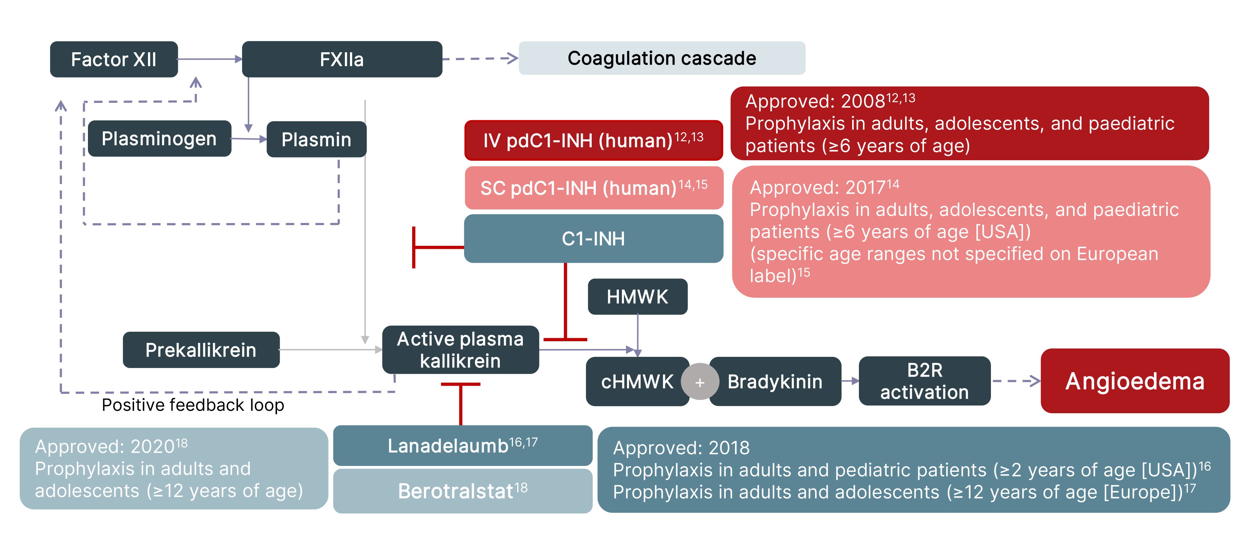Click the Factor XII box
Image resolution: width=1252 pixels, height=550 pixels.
tap(114, 59)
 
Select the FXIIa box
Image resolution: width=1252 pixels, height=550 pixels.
tap(342, 59)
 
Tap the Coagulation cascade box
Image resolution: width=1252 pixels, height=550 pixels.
tap(662, 58)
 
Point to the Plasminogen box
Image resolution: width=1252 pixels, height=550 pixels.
tap(159, 139)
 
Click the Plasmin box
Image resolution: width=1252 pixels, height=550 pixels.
tap(316, 140)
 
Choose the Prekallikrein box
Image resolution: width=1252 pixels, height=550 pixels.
tap(201, 350)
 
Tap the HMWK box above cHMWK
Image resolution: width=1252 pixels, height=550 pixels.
tap(637, 297)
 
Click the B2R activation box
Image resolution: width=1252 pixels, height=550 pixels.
tap(924, 381)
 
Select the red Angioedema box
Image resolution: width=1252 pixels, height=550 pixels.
tap(1135, 381)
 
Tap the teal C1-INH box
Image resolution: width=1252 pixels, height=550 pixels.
tap(593, 239)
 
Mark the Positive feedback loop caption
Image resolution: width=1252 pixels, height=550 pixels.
tap(192, 405)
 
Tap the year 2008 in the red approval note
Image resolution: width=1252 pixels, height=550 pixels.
tap(863, 102)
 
